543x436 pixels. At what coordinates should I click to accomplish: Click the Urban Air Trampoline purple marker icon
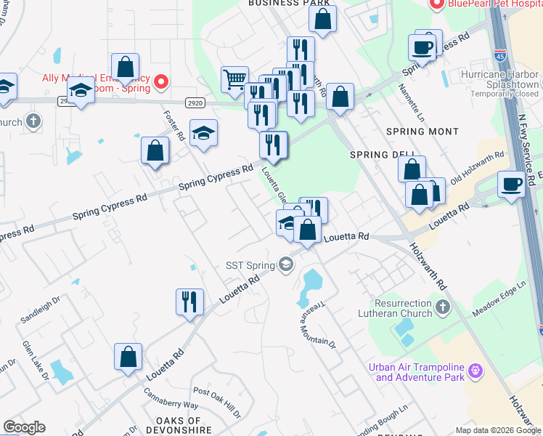(x=476, y=371)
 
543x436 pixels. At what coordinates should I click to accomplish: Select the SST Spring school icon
(x=286, y=265)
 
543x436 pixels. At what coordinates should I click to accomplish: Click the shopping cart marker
(x=234, y=80)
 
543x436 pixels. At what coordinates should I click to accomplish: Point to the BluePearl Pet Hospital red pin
(x=437, y=5)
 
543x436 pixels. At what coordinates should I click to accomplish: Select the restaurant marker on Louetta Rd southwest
(x=189, y=302)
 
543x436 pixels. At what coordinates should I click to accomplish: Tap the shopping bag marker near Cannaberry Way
(x=128, y=357)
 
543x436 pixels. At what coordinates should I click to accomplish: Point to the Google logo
(x=24, y=427)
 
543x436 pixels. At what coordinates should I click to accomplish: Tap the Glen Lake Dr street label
(x=35, y=360)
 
